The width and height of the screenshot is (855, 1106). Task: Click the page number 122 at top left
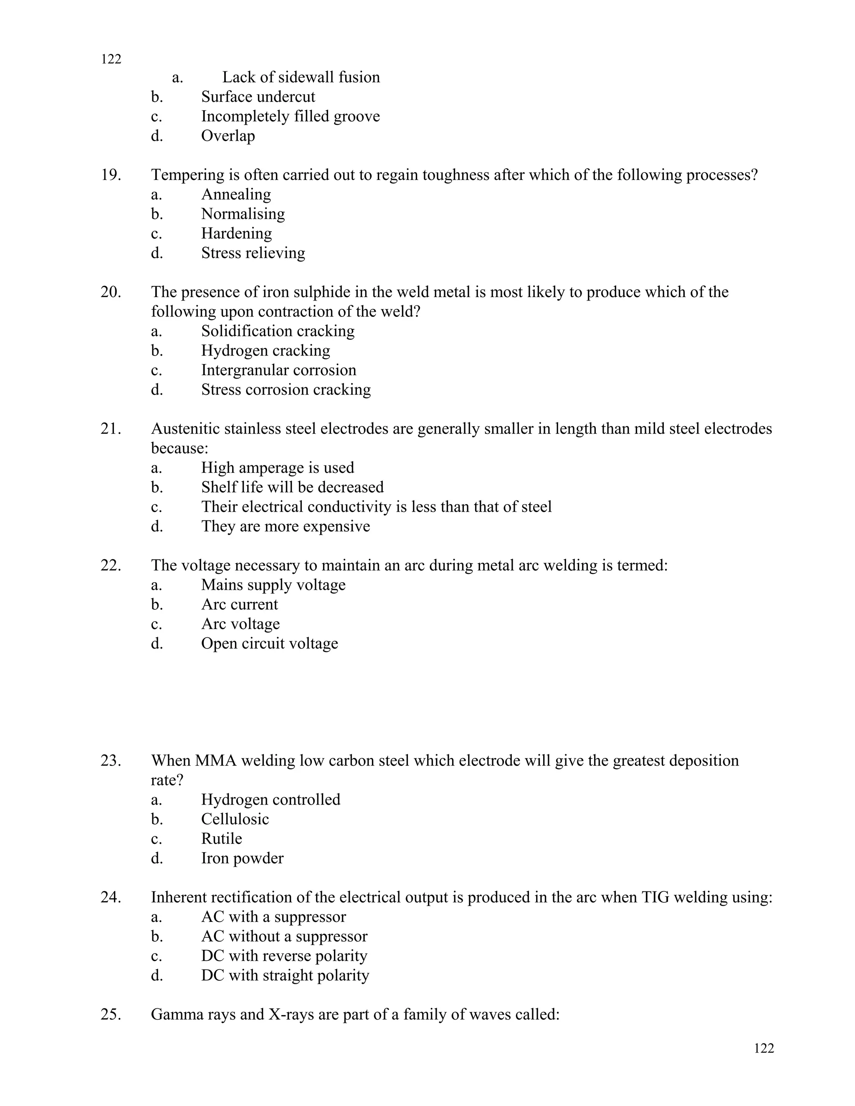111,59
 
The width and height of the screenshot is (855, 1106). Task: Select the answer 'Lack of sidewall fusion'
301,77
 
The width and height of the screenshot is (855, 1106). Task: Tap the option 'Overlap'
228,136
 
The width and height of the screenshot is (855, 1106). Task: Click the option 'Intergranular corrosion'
278,370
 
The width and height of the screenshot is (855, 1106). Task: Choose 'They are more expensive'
285,526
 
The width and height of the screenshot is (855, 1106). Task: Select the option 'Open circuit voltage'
269,644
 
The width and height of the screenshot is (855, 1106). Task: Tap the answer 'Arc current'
240,605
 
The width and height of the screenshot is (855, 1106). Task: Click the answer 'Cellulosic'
235,819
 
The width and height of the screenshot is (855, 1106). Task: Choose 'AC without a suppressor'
284,937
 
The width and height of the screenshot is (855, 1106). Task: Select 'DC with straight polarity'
285,975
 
